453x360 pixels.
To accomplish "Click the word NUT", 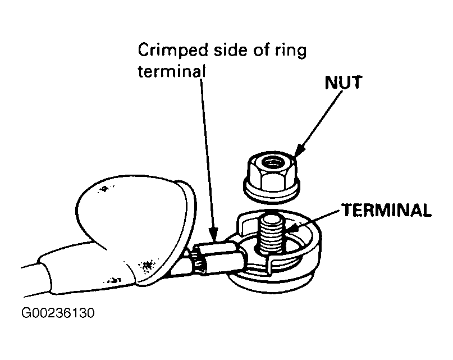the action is click(343, 83).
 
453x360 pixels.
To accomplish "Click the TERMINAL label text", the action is click(387, 210).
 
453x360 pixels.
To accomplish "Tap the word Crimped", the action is click(173, 51).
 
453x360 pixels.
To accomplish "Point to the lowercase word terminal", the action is click(172, 71).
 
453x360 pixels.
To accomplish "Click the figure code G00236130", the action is click(58, 313).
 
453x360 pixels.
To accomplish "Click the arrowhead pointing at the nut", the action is click(299, 151).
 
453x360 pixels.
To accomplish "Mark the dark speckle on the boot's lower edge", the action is click(147, 265).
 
